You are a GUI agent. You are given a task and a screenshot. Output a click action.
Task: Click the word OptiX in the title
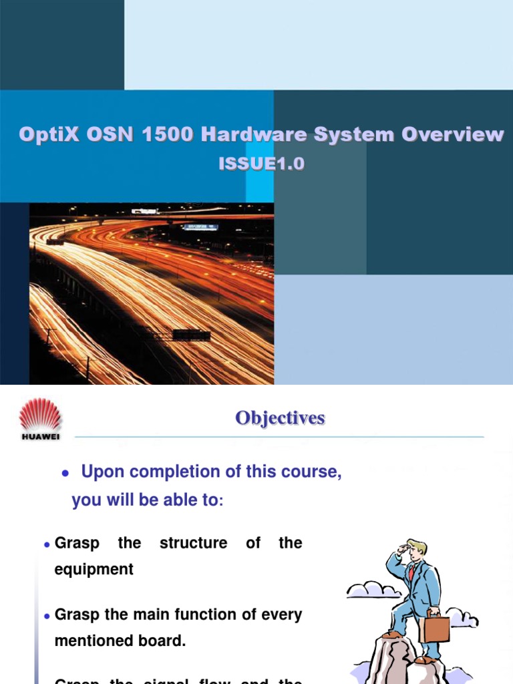click(x=47, y=134)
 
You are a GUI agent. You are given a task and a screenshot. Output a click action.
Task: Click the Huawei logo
click(x=40, y=419)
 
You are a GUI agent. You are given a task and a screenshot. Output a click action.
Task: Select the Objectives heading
click(x=280, y=418)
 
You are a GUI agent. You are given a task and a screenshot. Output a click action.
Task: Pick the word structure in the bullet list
click(x=193, y=543)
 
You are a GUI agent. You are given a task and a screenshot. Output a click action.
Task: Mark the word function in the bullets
click(x=208, y=615)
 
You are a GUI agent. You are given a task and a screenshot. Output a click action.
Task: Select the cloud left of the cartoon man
click(x=373, y=590)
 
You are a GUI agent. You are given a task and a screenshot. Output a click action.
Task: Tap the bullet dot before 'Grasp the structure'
click(x=47, y=545)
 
